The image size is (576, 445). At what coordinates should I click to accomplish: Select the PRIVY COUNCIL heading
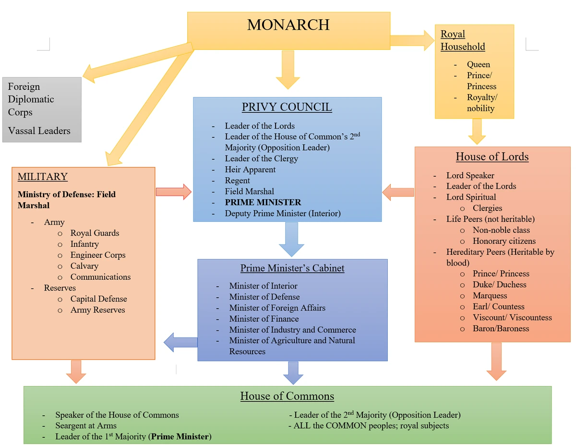pyautogui.click(x=287, y=107)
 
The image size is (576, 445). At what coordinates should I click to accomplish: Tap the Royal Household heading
pyautogui.click(x=463, y=40)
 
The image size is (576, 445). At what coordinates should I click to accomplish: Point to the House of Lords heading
pyautogui.click(x=492, y=156)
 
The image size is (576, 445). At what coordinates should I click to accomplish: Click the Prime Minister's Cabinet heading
pyautogui.click(x=292, y=268)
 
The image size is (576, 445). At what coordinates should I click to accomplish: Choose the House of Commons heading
pyautogui.click(x=287, y=396)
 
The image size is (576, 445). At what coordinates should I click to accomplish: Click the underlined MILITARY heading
pyautogui.click(x=43, y=177)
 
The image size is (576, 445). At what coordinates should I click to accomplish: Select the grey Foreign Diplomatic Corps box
pyautogui.click(x=42, y=109)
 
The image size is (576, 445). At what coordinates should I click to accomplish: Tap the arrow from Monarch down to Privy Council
pyautogui.click(x=288, y=70)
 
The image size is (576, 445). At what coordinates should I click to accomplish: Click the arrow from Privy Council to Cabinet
pyautogui.click(x=291, y=239)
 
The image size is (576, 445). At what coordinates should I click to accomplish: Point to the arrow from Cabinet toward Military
pyautogui.click(x=180, y=343)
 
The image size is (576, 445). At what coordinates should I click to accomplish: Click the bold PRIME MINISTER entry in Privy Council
pyautogui.click(x=263, y=202)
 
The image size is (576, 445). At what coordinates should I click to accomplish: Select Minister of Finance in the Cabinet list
pyautogui.click(x=264, y=319)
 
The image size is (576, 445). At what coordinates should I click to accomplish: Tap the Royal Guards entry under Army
pyautogui.click(x=95, y=233)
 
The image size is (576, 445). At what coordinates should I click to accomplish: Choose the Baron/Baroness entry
pyautogui.click(x=501, y=328)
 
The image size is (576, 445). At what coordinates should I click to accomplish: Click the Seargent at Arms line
pyautogui.click(x=86, y=425)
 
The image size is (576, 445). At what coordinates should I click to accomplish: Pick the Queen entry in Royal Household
pyautogui.click(x=479, y=64)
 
